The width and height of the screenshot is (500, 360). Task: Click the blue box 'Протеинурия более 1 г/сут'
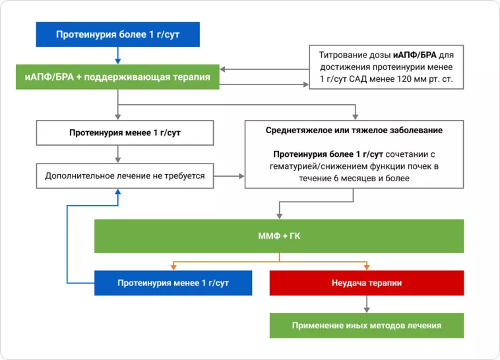pos(117,34)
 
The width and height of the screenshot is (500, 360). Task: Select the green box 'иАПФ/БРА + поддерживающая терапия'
pos(117,78)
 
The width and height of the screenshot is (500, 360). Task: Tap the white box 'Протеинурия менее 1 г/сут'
pos(125,133)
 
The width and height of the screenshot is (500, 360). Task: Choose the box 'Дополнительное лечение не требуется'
pos(125,176)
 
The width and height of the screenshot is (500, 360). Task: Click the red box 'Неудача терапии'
pos(366,283)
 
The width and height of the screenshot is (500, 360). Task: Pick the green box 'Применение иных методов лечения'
pos(366,326)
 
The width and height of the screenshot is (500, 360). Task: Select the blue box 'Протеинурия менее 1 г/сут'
pos(173,283)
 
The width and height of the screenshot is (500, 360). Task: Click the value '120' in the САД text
pos(409,80)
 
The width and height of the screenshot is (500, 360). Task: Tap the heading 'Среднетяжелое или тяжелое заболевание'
pos(354,130)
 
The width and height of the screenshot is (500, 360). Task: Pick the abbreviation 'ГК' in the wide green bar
pos(295,236)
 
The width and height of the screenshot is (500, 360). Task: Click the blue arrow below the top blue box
pos(117,56)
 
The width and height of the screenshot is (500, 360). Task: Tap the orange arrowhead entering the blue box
pos(173,268)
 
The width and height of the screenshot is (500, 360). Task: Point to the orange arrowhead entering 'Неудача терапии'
pos(366,268)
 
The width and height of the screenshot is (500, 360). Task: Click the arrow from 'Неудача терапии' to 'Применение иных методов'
pos(366,304)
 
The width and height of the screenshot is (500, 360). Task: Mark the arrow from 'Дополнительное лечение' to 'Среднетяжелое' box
pos(229,176)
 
